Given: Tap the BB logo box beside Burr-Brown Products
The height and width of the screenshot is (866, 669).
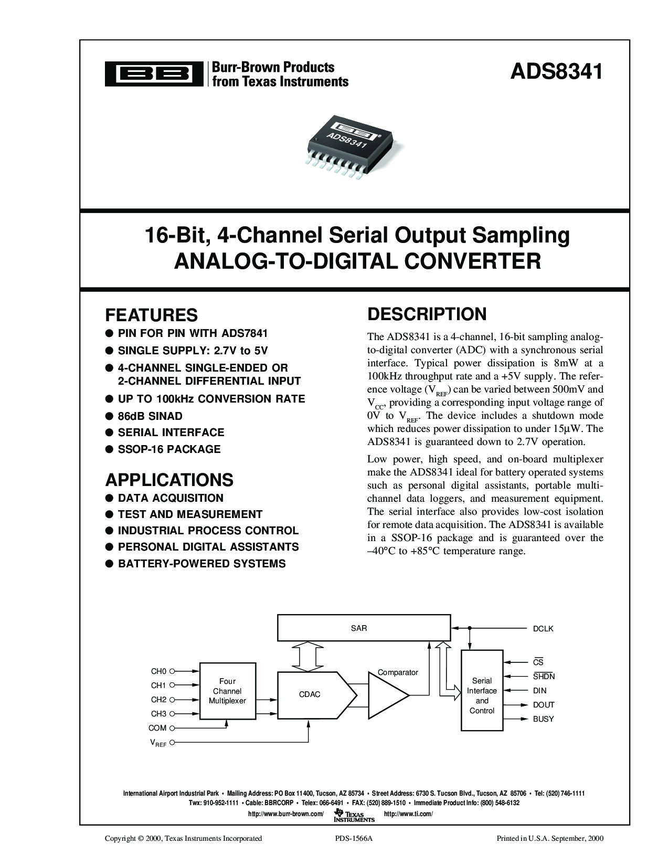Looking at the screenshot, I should coord(154,75).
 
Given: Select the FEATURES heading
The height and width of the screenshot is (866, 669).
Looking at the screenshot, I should coord(151,315).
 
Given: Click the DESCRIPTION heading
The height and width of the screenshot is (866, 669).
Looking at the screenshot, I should coord(427,314).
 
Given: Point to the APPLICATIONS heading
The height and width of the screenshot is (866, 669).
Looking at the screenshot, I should coord(169,480).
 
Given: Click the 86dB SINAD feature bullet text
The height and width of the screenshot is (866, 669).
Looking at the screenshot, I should coord(150,416).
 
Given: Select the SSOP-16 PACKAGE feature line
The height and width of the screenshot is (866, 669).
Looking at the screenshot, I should coord(169,449).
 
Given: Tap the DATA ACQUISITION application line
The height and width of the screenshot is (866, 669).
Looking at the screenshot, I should coord(171,498).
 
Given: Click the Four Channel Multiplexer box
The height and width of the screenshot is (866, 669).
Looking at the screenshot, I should coord(227,691).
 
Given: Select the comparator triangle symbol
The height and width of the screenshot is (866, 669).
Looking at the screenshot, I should coord(387,694).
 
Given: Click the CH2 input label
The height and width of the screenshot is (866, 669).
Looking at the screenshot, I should coord(158,700).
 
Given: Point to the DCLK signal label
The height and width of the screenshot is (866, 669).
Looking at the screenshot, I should coord(543,628).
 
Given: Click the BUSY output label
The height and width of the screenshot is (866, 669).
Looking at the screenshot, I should coord(543,719).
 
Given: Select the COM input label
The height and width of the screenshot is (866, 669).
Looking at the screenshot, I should coord(157,728).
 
